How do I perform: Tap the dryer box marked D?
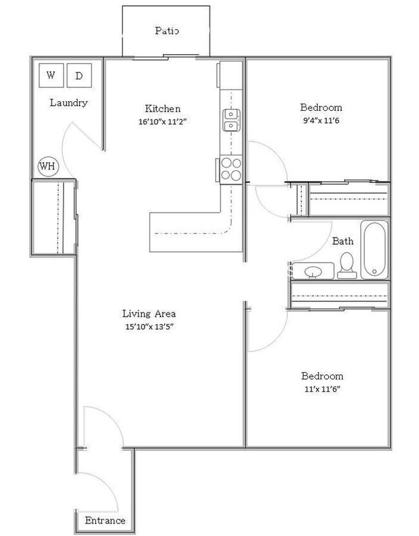(79, 75)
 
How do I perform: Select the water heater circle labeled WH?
(47, 166)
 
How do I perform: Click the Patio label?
(166, 30)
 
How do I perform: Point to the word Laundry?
(68, 102)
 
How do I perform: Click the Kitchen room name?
(162, 108)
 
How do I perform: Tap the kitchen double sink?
(231, 120)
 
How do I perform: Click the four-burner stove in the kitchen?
(231, 169)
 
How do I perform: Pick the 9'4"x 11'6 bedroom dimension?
(321, 120)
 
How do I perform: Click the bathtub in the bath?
(374, 250)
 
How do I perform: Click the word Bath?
(342, 242)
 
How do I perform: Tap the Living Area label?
(149, 314)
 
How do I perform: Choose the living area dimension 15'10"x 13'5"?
(149, 326)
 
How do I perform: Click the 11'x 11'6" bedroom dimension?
(322, 388)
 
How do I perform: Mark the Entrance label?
(104, 521)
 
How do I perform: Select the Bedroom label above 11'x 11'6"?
(322, 376)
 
